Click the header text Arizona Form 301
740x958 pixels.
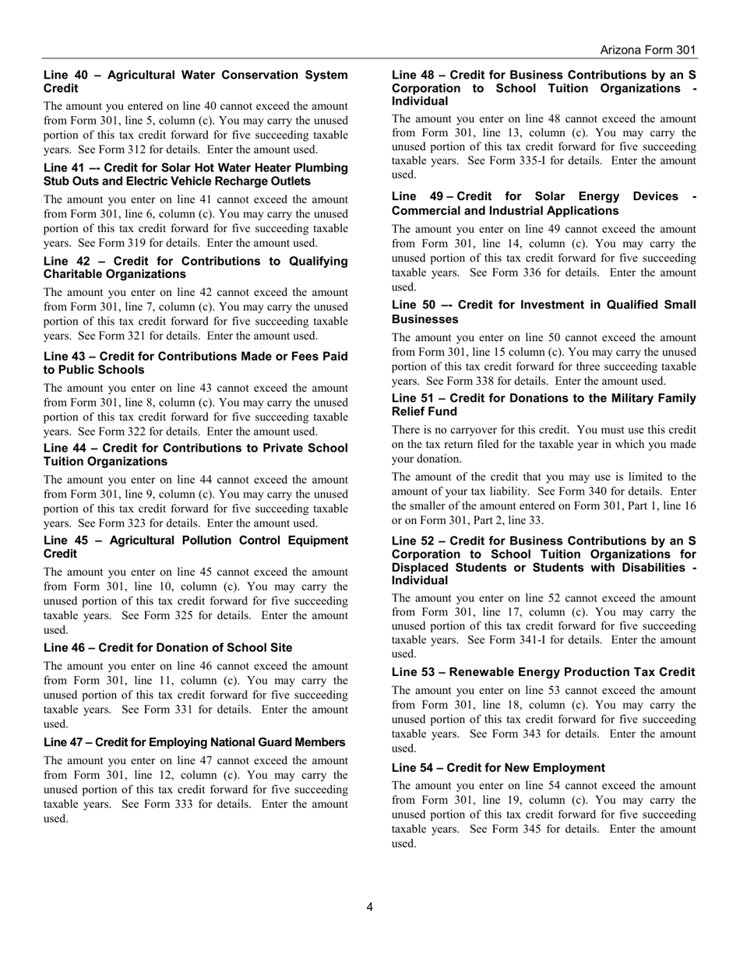[647, 50]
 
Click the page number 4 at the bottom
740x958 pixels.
[369, 907]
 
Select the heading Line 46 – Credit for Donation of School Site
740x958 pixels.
[168, 648]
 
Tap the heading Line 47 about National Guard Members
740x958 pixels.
[195, 742]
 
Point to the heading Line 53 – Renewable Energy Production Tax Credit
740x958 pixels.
[543, 672]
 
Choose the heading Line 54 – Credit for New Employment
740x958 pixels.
[498, 767]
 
